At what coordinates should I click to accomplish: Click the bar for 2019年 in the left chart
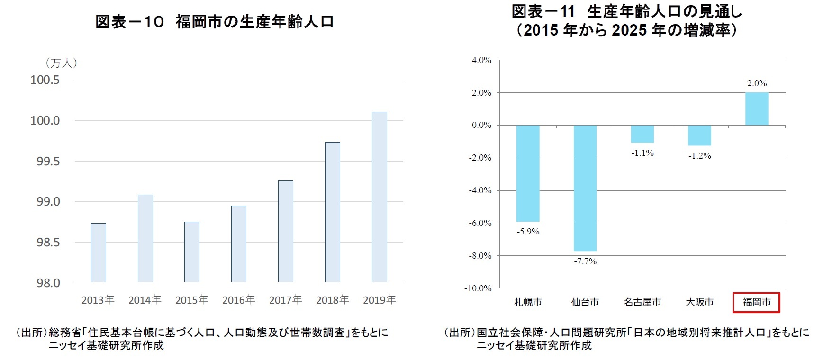pos(379,197)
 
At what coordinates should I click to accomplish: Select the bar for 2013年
pos(99,252)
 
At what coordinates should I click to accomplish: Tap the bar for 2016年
pos(239,243)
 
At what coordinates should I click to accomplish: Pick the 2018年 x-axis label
pos(332,300)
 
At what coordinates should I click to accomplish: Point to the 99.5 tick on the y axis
pos(48,162)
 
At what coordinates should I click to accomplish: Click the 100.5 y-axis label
pos(45,80)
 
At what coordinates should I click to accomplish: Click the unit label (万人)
pos(61,63)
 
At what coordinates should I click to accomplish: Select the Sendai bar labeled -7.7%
pos(585,188)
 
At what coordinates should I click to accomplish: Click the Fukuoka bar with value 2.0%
pos(757,109)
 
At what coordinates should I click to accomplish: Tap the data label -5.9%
pos(528,232)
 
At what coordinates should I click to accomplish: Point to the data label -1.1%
pos(642,153)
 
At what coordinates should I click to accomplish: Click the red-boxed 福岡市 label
pos(756,302)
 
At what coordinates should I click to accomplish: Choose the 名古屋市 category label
pos(642,302)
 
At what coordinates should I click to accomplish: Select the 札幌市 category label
pos(528,302)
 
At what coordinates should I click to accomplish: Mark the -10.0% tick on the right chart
pos(478,288)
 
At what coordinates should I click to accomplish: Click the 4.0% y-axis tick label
pos(481,60)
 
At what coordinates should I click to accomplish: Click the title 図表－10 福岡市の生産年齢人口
pos(214,22)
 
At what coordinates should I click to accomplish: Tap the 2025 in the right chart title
pos(629,30)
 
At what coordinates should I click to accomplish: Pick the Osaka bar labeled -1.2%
pos(699,135)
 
